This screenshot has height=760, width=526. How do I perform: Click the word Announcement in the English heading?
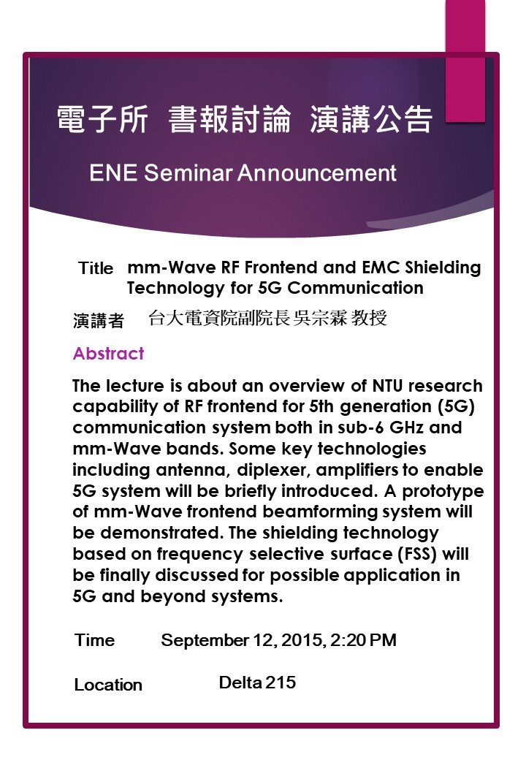point(317,173)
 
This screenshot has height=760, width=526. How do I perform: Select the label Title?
point(96,268)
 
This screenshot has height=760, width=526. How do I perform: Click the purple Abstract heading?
point(109,354)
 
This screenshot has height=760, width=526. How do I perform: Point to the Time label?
point(95,640)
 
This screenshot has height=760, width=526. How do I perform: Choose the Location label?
point(109,685)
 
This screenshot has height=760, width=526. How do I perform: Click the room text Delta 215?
point(257,683)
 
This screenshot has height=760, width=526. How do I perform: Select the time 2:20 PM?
point(363,640)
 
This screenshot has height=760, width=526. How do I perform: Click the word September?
point(205,641)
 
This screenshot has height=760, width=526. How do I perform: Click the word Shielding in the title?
point(443,267)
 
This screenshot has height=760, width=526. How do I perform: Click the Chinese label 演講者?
point(99,320)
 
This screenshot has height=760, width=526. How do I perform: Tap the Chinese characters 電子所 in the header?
point(102,119)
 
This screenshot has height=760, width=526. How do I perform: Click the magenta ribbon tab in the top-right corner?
point(465,61)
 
